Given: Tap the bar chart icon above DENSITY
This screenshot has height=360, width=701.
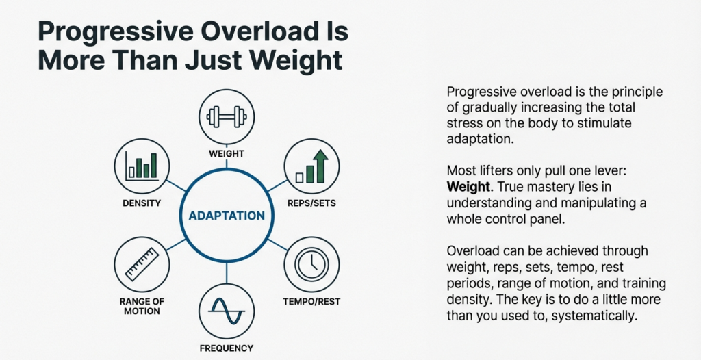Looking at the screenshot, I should tap(141, 165).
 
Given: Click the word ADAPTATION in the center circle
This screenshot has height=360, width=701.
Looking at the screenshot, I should tap(226, 216).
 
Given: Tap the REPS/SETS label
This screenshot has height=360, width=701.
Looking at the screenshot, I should tap(311, 203).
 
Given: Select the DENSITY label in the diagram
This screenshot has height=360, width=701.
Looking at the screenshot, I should tap(142, 203).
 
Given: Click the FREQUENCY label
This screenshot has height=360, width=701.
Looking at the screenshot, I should tap(226, 348).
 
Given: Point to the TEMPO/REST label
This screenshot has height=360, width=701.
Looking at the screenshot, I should tap(311, 301).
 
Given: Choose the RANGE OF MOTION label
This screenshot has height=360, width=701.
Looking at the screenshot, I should tap(142, 306).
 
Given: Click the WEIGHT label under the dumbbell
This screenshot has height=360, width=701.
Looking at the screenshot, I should tap(226, 153).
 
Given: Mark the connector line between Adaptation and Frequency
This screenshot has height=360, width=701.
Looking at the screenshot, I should tap(226, 273).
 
